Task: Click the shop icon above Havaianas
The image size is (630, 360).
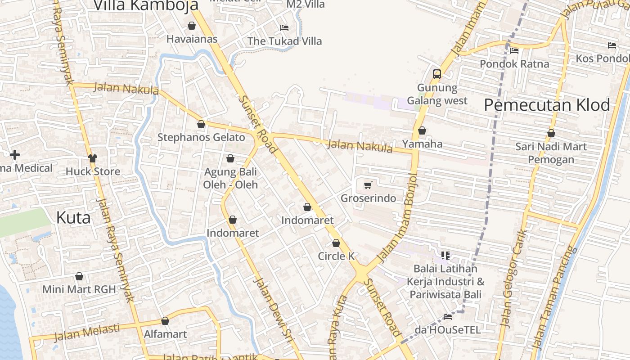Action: (x=192, y=26)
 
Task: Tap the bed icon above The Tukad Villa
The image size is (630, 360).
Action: (x=284, y=28)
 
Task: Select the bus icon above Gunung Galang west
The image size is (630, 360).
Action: (x=436, y=74)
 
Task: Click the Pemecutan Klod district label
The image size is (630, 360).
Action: (x=547, y=105)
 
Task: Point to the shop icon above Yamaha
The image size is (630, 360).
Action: (x=422, y=131)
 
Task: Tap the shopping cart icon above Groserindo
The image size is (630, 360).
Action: (x=368, y=185)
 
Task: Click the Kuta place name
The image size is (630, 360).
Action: (x=73, y=218)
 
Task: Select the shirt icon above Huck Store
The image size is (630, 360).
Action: (x=93, y=158)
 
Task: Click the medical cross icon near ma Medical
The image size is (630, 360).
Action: (x=15, y=155)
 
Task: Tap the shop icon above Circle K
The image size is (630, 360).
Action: (x=336, y=243)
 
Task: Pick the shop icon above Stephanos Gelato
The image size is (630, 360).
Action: (x=201, y=124)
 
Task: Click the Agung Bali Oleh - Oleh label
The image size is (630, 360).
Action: (x=230, y=178)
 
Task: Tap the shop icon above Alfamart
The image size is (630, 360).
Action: (x=165, y=321)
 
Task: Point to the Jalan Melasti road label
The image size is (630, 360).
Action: (x=87, y=332)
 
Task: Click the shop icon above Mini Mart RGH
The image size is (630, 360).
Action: (x=79, y=276)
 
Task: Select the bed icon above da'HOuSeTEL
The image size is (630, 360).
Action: (x=448, y=317)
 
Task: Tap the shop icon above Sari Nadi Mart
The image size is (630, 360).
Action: (x=551, y=134)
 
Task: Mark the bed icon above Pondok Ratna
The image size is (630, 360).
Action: (x=514, y=51)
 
